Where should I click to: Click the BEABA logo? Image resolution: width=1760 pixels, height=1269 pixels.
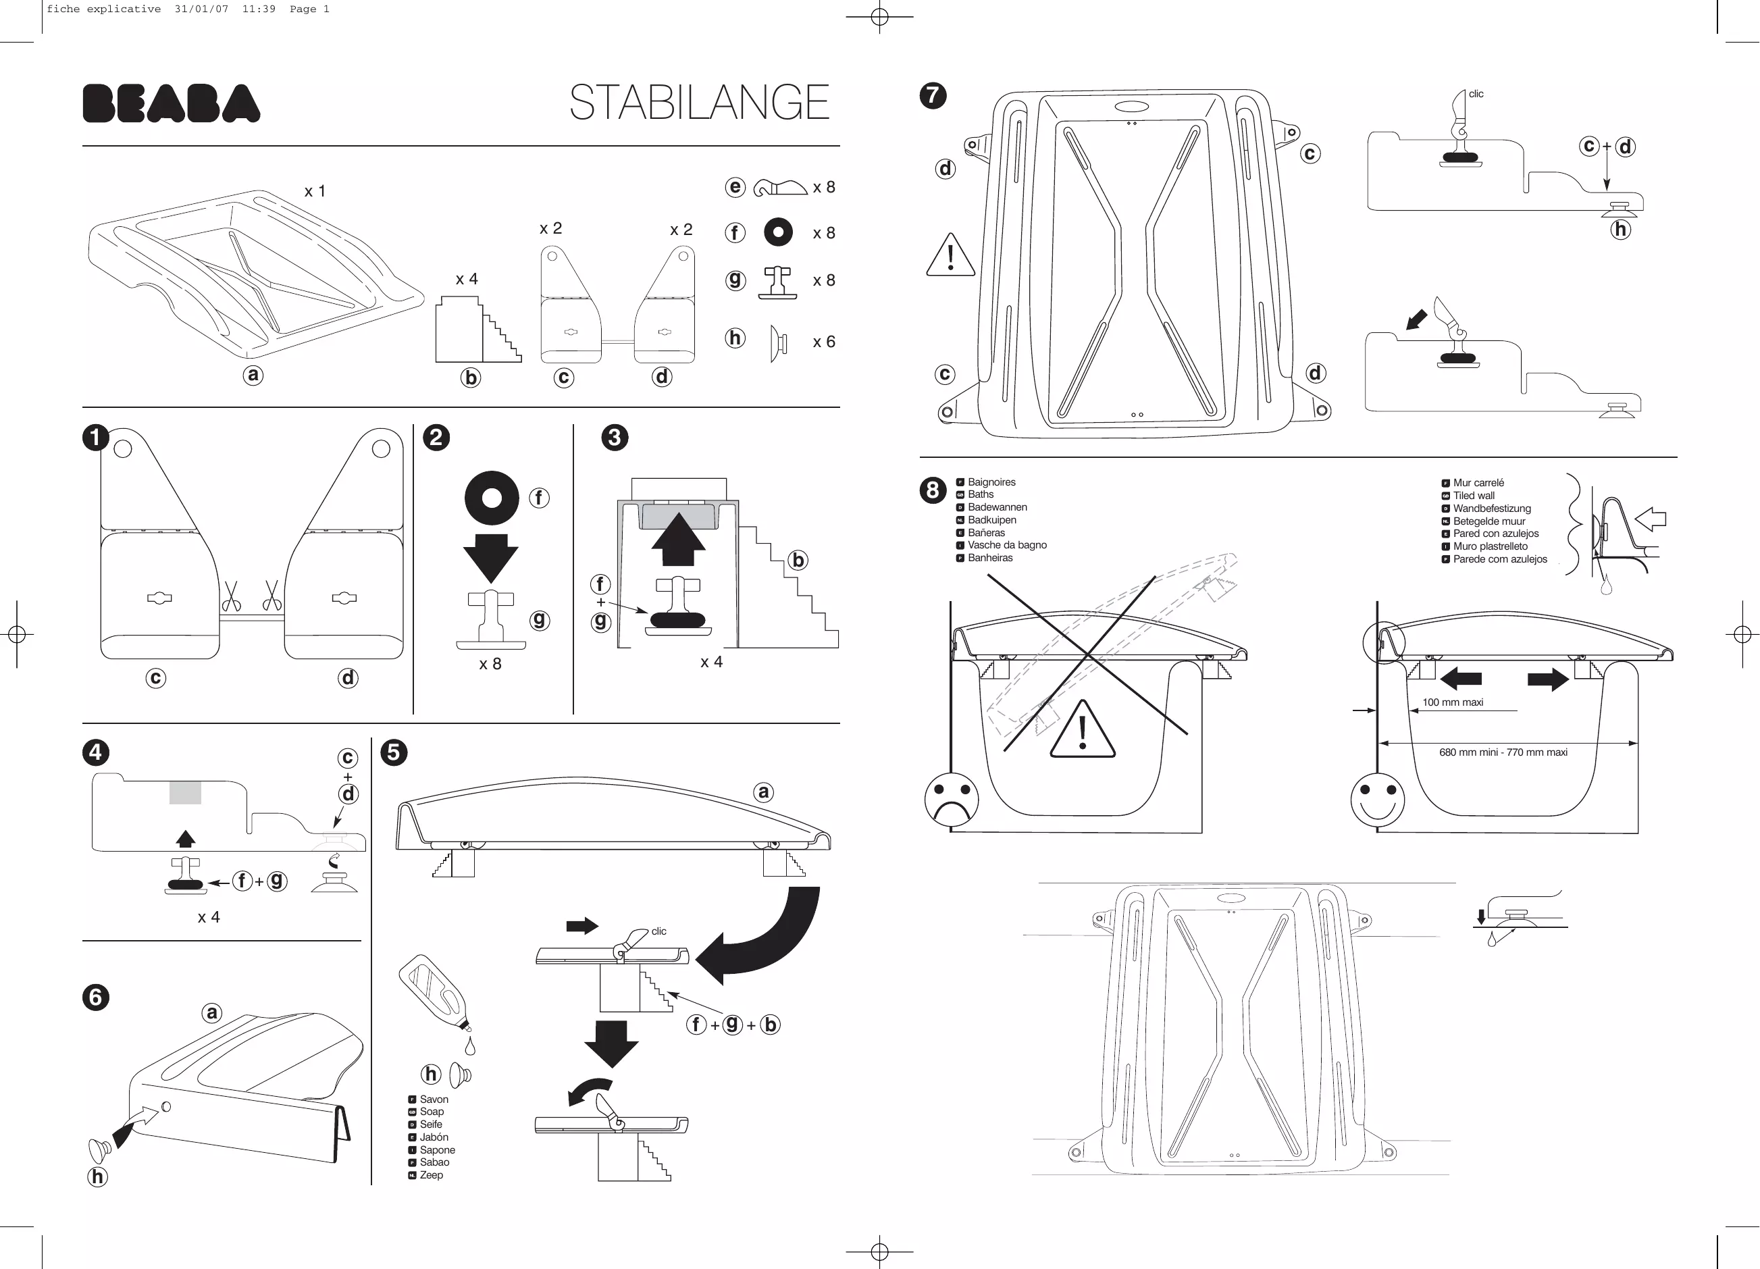pos(171,103)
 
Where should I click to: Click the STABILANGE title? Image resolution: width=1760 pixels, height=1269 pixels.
pos(699,103)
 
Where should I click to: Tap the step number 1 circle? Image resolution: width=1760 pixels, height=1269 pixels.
pos(95,437)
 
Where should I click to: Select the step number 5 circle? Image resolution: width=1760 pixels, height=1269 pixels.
pos(394,752)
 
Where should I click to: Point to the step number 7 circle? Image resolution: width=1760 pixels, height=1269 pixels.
pos(933,95)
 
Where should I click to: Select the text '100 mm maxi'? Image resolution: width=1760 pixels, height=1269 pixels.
pos(1452,702)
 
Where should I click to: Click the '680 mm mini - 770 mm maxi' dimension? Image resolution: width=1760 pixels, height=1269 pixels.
pos(1503,752)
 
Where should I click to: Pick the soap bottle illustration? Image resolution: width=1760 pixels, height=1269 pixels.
pos(434,993)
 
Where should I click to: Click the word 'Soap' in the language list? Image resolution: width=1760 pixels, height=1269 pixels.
pos(432,1112)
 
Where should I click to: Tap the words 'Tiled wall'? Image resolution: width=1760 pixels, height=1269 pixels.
pos(1474,495)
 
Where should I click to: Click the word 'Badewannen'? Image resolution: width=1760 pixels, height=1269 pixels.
pos(998,507)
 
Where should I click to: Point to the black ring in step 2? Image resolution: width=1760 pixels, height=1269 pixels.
pos(491,498)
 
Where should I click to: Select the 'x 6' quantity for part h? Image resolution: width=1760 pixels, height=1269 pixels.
pos(823,342)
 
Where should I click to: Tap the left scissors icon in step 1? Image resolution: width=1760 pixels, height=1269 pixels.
pos(231,597)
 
